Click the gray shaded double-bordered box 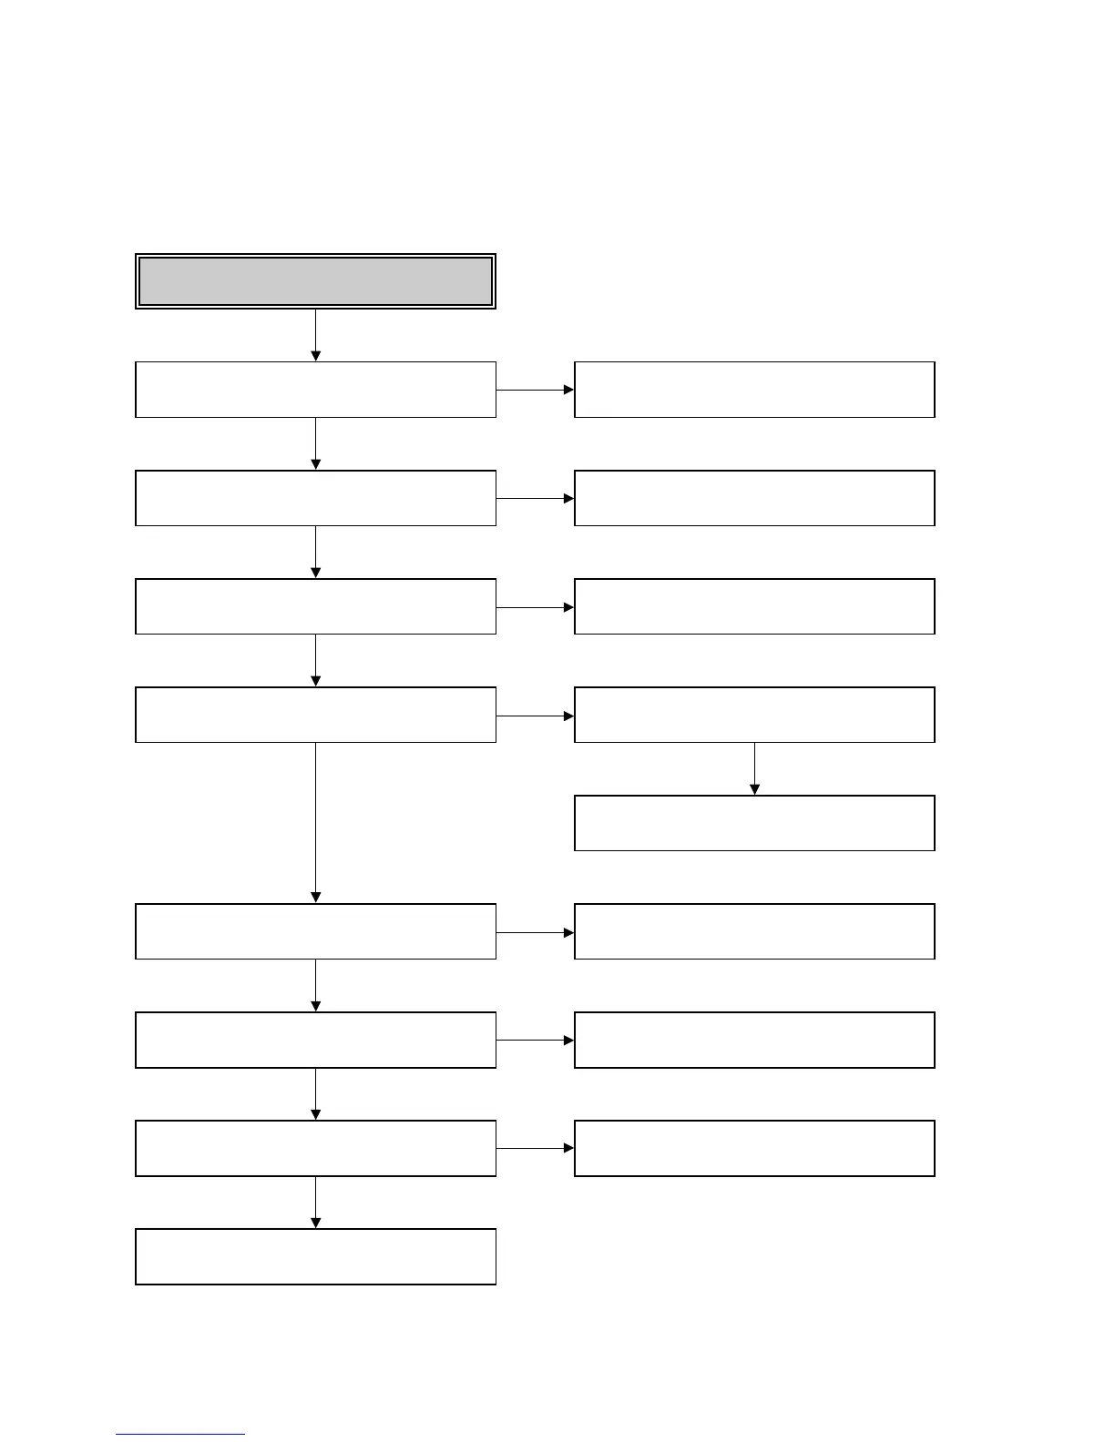[x=315, y=281]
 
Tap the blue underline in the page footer [x=179, y=1434]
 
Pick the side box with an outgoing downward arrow [x=754, y=715]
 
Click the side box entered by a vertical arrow [x=754, y=823]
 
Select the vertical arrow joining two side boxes [x=754, y=768]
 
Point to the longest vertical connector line [x=315, y=819]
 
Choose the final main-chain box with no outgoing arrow [x=315, y=1256]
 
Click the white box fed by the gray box [x=315, y=390]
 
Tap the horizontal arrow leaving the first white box [x=535, y=390]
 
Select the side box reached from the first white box [x=754, y=390]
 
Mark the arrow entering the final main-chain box [x=315, y=1202]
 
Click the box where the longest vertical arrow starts [x=315, y=715]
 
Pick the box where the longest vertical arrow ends [x=315, y=931]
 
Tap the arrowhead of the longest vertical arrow [x=315, y=898]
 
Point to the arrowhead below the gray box [x=315, y=355]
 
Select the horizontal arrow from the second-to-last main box [x=535, y=1148]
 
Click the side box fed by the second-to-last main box [x=754, y=1148]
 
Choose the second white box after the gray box [x=315, y=498]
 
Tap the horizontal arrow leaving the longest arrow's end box [x=535, y=932]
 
